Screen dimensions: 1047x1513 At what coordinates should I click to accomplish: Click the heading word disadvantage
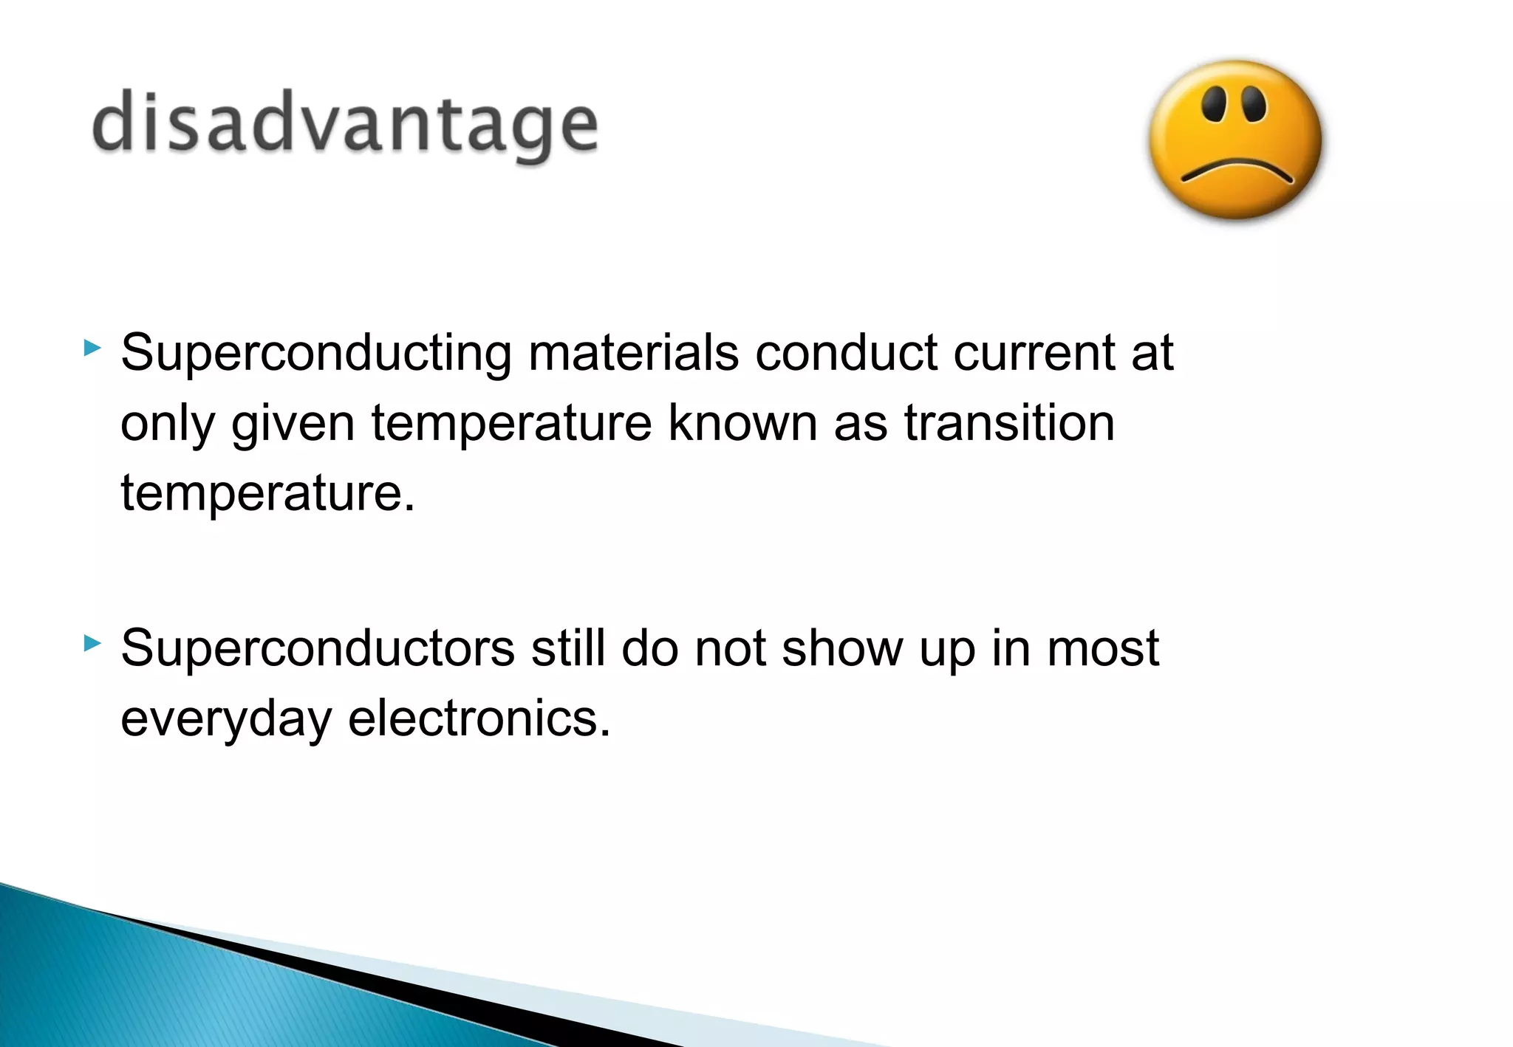344,123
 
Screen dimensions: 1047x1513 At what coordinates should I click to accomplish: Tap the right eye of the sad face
1254,103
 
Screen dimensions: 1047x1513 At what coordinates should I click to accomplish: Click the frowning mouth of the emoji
1237,171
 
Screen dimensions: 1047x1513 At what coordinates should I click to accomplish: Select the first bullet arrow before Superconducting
92,348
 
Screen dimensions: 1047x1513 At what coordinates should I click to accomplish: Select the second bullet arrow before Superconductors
92,643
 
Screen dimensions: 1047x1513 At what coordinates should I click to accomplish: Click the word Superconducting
316,354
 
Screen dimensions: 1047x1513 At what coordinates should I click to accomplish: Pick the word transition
1009,423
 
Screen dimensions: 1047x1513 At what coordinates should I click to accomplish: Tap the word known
742,423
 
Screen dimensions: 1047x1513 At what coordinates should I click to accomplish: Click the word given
293,425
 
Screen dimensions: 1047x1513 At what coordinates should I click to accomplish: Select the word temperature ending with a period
268,493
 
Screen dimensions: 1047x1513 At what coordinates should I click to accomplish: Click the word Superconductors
318,649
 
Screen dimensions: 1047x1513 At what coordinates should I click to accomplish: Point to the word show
842,649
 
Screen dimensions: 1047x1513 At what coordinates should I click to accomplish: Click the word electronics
479,718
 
